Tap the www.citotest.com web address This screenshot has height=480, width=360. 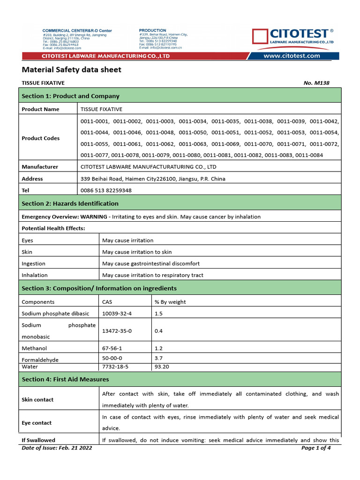click(292, 56)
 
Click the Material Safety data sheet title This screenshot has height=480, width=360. click(72, 70)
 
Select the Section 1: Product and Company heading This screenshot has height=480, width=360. click(71, 96)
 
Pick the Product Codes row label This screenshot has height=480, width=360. click(41, 138)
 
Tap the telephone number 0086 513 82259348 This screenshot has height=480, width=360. click(106, 190)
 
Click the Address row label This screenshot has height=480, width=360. click(32, 179)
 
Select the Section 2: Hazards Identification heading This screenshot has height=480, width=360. click(70, 203)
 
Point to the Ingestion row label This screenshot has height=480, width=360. click(34, 263)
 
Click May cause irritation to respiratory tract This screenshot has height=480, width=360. click(153, 275)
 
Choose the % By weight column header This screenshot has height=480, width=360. click(170, 302)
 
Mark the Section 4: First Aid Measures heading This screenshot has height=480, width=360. click(66, 379)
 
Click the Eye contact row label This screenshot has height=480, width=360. click(37, 423)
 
